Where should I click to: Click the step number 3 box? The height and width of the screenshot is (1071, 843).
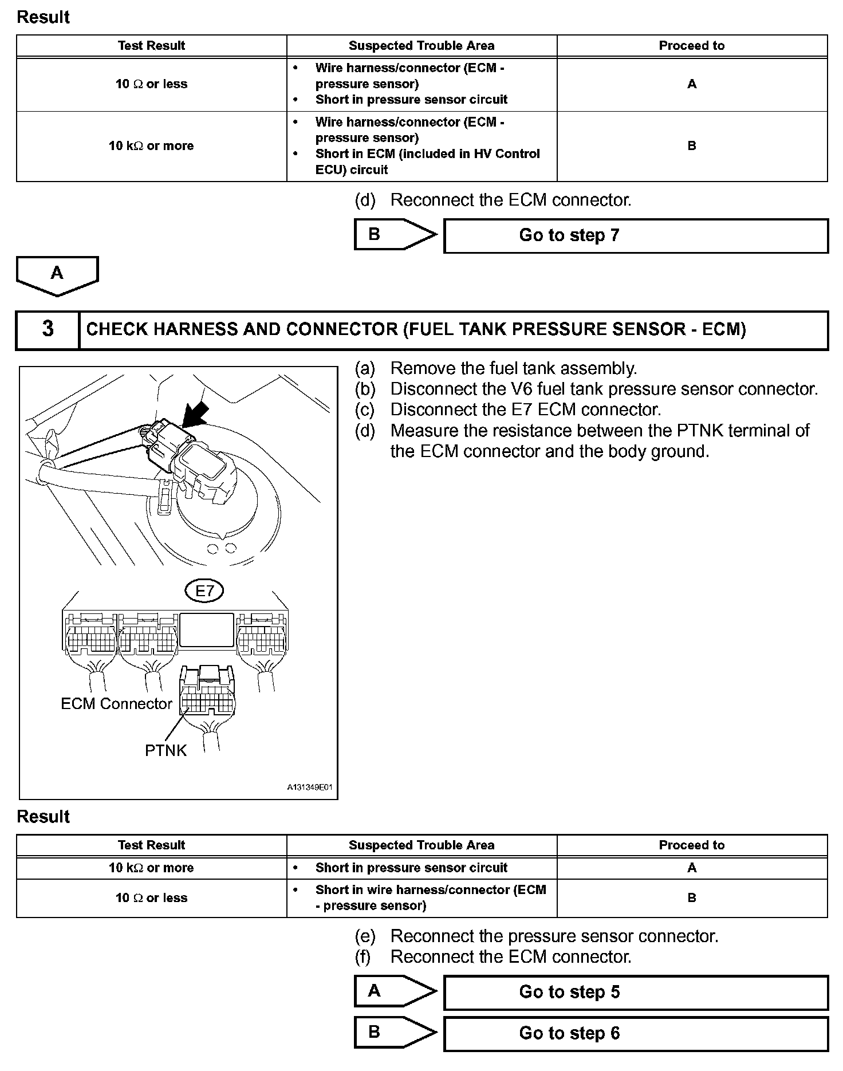(x=48, y=329)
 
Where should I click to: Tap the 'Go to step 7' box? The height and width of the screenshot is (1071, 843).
(x=636, y=235)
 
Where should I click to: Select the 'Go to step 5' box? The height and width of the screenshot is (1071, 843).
(x=636, y=992)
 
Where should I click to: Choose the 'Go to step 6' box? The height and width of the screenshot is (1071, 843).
(x=636, y=1033)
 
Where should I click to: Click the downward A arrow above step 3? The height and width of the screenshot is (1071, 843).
(x=57, y=275)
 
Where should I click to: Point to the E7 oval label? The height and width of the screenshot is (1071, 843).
(x=204, y=590)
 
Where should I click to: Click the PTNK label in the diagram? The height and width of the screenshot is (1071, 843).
(x=166, y=750)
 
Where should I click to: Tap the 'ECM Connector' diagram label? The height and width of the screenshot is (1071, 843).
(x=116, y=704)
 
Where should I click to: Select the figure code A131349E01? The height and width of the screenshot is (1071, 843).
(x=309, y=787)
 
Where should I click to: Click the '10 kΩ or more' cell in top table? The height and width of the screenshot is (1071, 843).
(x=151, y=146)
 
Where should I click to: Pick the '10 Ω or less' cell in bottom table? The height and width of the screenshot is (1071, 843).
(x=151, y=898)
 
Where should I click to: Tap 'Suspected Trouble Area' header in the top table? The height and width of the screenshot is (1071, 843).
(x=421, y=46)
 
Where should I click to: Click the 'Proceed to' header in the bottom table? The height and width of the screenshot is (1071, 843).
(x=692, y=845)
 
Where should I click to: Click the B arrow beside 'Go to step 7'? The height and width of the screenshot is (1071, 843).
(x=395, y=234)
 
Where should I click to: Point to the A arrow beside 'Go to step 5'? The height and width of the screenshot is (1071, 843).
(x=395, y=991)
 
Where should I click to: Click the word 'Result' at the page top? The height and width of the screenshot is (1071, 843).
(x=43, y=17)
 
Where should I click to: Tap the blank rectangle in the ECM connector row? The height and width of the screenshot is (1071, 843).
(x=207, y=631)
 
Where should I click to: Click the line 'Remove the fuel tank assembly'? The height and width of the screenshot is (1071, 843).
(x=513, y=368)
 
